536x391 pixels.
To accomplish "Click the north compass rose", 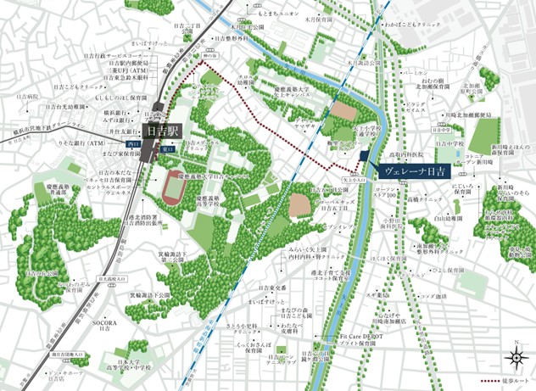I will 514,356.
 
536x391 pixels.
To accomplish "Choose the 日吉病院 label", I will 29,97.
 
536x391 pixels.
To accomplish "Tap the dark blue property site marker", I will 363,156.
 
